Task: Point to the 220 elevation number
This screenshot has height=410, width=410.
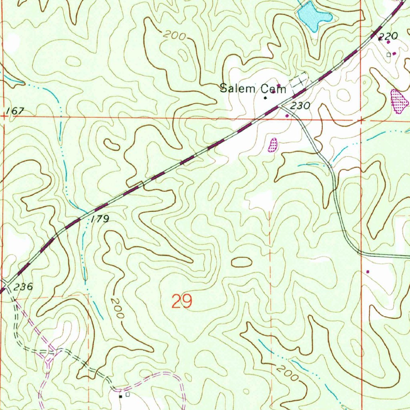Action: tap(388, 37)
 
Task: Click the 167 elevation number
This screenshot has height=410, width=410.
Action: tap(16, 111)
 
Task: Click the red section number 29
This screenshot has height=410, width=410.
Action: tap(182, 301)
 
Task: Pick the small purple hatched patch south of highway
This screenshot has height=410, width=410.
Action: tap(273, 145)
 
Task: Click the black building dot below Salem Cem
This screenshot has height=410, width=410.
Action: tap(265, 97)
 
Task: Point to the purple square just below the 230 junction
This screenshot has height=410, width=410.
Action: tap(287, 116)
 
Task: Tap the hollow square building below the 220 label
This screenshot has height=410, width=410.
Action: tap(388, 55)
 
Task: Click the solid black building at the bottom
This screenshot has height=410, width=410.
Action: tap(121, 396)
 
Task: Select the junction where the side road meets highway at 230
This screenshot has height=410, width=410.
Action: tap(280, 105)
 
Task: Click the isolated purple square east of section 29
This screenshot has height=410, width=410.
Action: tap(368, 271)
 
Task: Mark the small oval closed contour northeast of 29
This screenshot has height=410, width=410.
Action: tap(241, 262)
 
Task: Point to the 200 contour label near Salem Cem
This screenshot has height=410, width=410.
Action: tap(175, 36)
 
